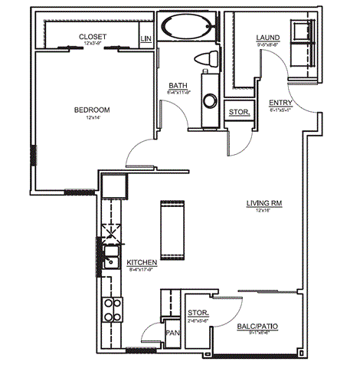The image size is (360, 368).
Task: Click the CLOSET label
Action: [93, 37]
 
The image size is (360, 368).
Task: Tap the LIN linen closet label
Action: [146, 38]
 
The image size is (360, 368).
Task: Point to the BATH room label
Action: [178, 85]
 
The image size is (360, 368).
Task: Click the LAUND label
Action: [268, 38]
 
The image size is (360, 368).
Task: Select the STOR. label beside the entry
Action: [239, 113]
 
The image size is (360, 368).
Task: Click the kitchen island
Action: [170, 228]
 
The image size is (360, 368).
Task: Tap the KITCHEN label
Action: [142, 262]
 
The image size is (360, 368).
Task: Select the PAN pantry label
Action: [174, 333]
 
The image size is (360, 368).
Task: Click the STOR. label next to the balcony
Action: [198, 313]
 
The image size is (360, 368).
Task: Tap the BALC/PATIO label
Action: [257, 327]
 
